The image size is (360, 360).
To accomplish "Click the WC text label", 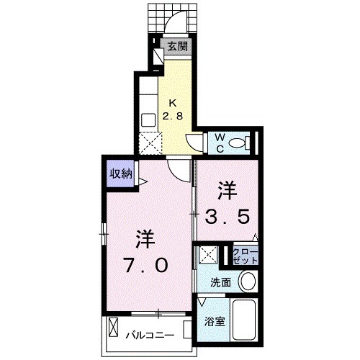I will pos(220,140).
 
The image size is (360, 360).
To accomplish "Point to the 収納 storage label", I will pos(120,174).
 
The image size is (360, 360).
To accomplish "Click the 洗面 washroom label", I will pos(221,282).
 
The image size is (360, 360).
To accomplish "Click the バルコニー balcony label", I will pos(151,335).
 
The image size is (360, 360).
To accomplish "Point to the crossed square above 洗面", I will pos(210,254).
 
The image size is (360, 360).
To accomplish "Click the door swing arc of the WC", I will pos(197,140).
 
